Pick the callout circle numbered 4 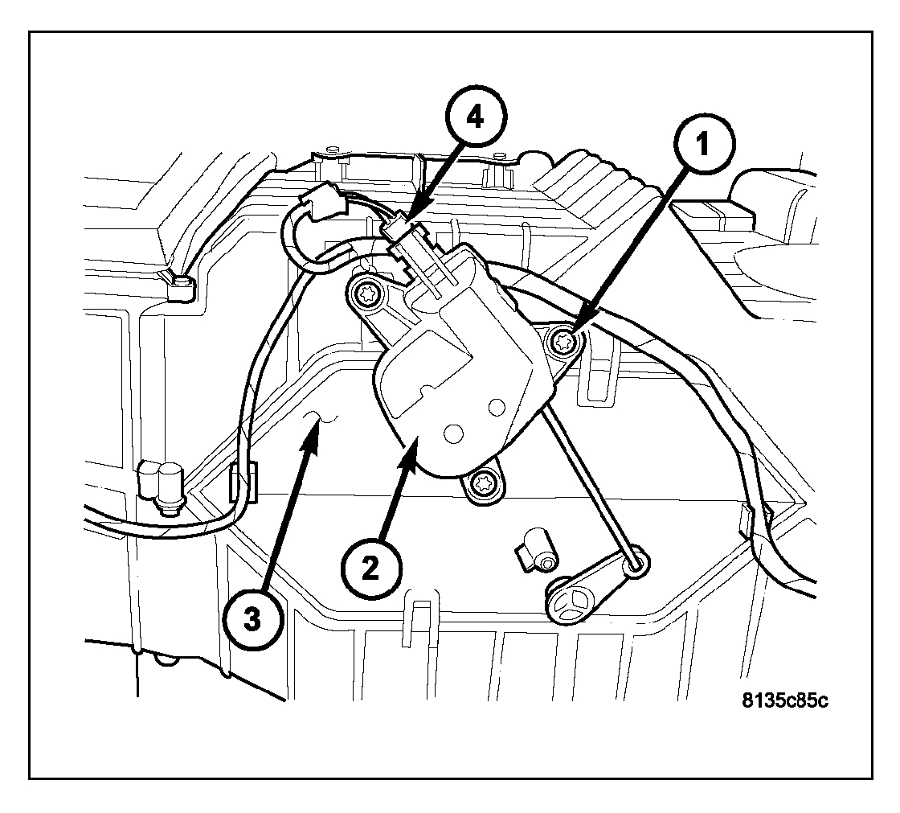[477, 117]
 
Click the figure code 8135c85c [786, 699]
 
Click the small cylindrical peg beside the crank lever [539, 549]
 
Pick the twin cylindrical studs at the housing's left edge [160, 485]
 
